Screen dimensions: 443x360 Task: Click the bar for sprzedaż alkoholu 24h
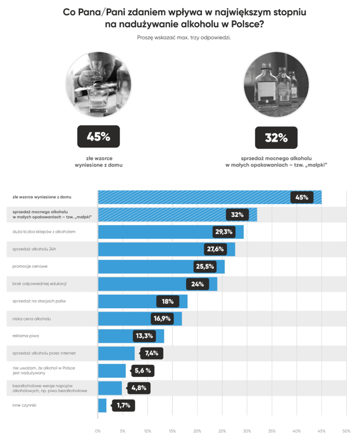(x=166, y=250)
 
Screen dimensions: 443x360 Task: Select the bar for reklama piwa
(x=131, y=336)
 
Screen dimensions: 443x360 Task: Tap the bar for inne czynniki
(x=102, y=405)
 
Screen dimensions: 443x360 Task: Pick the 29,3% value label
(x=224, y=232)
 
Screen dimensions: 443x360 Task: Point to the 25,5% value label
(x=205, y=266)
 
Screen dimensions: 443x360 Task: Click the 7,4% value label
(x=151, y=353)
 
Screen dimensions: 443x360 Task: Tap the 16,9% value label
(x=162, y=319)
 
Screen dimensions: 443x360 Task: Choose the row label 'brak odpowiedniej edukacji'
(x=39, y=284)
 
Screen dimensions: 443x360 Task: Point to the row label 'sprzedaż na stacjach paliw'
(x=39, y=301)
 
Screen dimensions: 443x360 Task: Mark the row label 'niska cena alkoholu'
(x=32, y=319)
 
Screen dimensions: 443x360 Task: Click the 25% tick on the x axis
(x=222, y=431)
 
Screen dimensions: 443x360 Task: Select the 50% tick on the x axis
(x=346, y=431)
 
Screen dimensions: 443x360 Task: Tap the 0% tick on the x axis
(x=98, y=431)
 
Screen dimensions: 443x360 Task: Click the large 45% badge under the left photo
(x=98, y=137)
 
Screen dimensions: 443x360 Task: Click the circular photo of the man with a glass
(x=98, y=84)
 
